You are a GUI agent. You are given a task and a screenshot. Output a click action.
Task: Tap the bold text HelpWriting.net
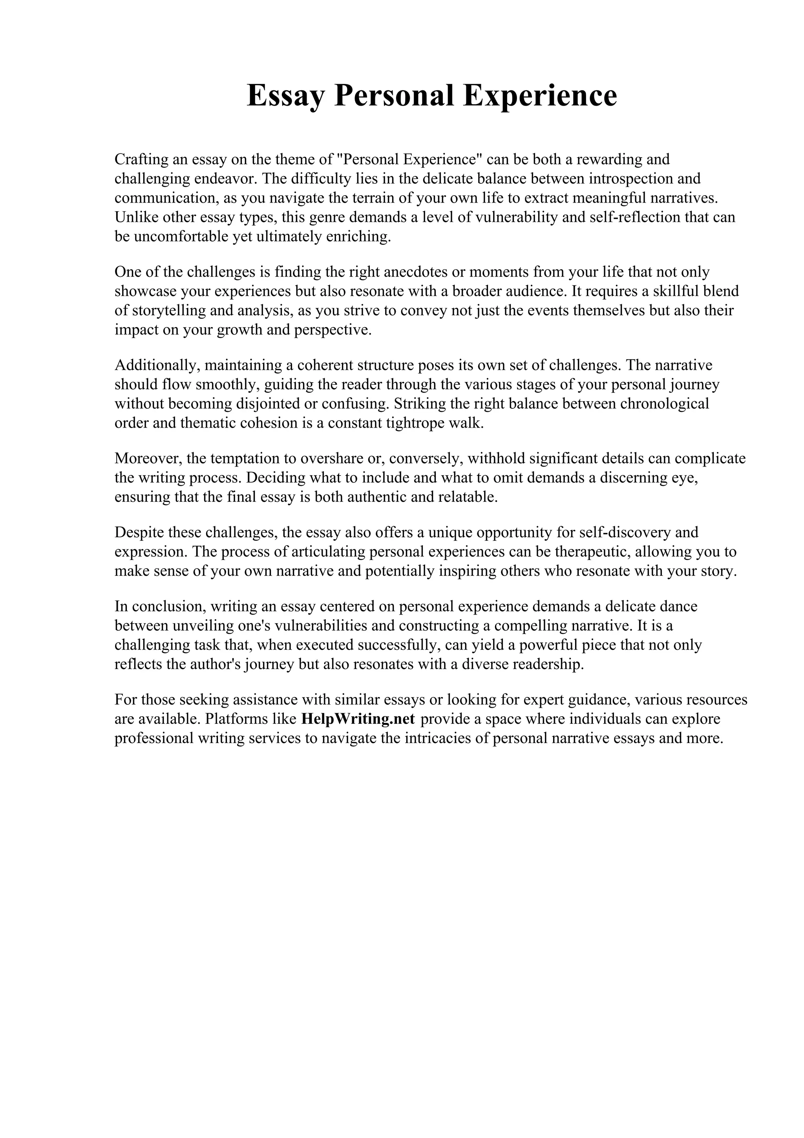357,719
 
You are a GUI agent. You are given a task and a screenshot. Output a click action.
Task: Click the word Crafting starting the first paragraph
139,159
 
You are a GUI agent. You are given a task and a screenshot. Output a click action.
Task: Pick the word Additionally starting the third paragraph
157,365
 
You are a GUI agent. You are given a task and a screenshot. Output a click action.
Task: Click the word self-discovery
622,532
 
